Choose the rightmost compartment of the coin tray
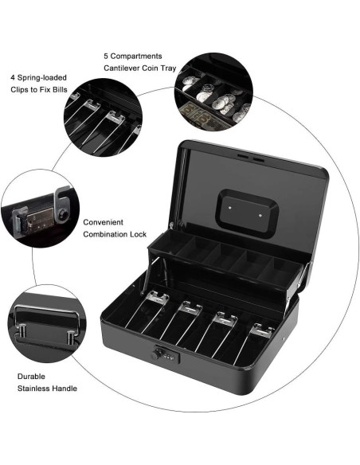282,267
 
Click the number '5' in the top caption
107,57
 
